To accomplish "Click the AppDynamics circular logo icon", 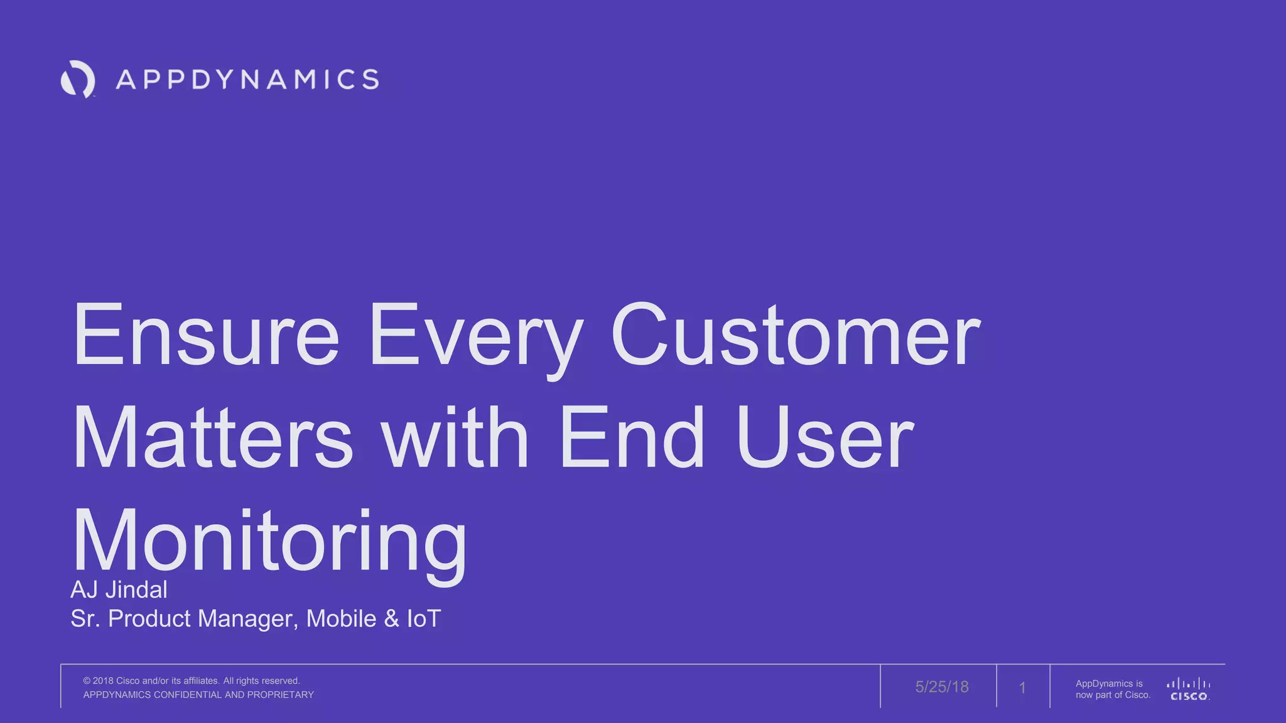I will tap(78, 79).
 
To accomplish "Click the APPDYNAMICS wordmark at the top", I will tap(247, 80).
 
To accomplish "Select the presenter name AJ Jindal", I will tap(119, 590).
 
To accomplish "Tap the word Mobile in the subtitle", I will tap(341, 619).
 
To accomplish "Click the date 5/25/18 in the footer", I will tap(941, 687).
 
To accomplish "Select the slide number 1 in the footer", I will tap(1022, 688).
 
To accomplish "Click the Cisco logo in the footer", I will tap(1188, 689).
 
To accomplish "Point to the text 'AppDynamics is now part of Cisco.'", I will tap(1112, 689).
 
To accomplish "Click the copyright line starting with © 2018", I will tap(192, 681).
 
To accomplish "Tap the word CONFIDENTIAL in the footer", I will tap(188, 695).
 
